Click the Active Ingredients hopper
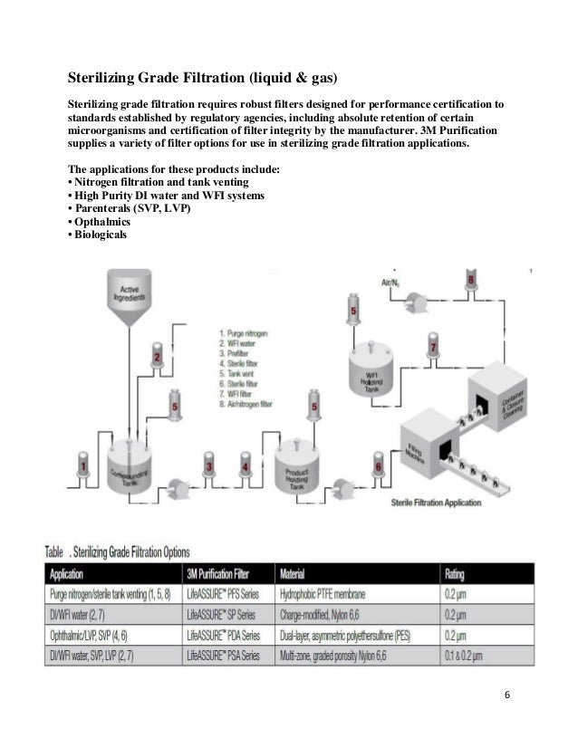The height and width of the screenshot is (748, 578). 131,302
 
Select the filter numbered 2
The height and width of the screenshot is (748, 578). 158,359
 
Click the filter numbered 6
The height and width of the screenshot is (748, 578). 378,468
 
